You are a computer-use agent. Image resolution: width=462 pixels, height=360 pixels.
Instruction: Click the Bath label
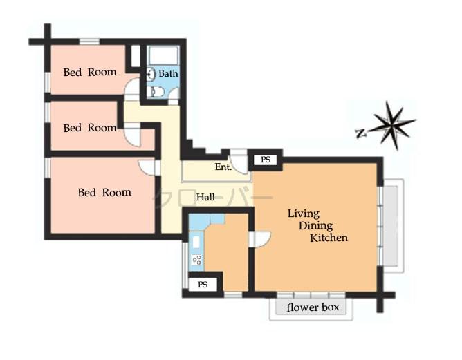168,73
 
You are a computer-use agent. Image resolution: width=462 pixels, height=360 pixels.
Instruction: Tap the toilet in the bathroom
157,92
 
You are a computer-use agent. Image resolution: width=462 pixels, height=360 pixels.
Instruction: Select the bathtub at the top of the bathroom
164,56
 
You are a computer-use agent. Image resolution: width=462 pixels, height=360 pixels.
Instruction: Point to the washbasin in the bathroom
151,74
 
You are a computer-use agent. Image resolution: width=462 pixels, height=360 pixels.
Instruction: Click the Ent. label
223,167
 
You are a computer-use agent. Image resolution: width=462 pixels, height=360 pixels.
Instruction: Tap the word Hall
205,198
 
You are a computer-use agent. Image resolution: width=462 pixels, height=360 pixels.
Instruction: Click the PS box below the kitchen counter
203,284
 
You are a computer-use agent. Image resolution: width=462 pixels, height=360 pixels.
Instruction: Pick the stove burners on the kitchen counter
196,260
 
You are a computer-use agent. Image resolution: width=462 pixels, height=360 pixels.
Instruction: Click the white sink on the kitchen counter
196,242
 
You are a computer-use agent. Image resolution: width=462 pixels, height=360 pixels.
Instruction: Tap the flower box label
313,307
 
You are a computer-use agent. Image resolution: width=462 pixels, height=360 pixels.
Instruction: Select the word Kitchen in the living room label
328,238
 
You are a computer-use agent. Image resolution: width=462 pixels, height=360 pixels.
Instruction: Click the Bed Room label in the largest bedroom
104,193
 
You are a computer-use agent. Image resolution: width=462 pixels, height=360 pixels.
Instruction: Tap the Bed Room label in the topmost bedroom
90,72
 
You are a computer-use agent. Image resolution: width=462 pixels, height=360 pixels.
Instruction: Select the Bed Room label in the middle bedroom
90,128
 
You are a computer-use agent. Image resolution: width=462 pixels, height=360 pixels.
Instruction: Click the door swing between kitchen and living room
261,238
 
